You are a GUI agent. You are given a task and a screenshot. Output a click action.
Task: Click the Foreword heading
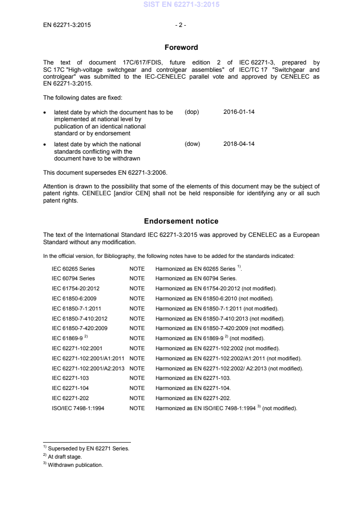click(x=181, y=48)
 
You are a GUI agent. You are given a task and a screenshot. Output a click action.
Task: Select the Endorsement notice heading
click(x=181, y=221)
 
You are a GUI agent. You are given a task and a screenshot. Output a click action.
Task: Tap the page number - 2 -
click(x=181, y=25)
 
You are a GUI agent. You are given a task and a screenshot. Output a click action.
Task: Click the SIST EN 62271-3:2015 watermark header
click(x=181, y=5)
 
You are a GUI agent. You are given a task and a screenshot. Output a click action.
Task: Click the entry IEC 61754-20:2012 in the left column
click(x=77, y=289)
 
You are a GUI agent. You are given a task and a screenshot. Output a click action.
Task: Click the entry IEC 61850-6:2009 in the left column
click(x=74, y=299)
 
